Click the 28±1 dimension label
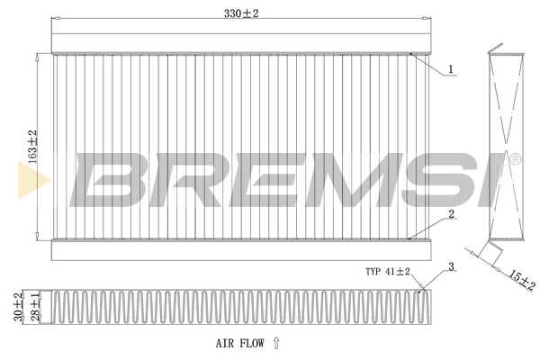(x=35, y=305)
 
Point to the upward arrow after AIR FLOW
(x=276, y=342)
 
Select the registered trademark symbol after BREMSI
(x=515, y=160)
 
